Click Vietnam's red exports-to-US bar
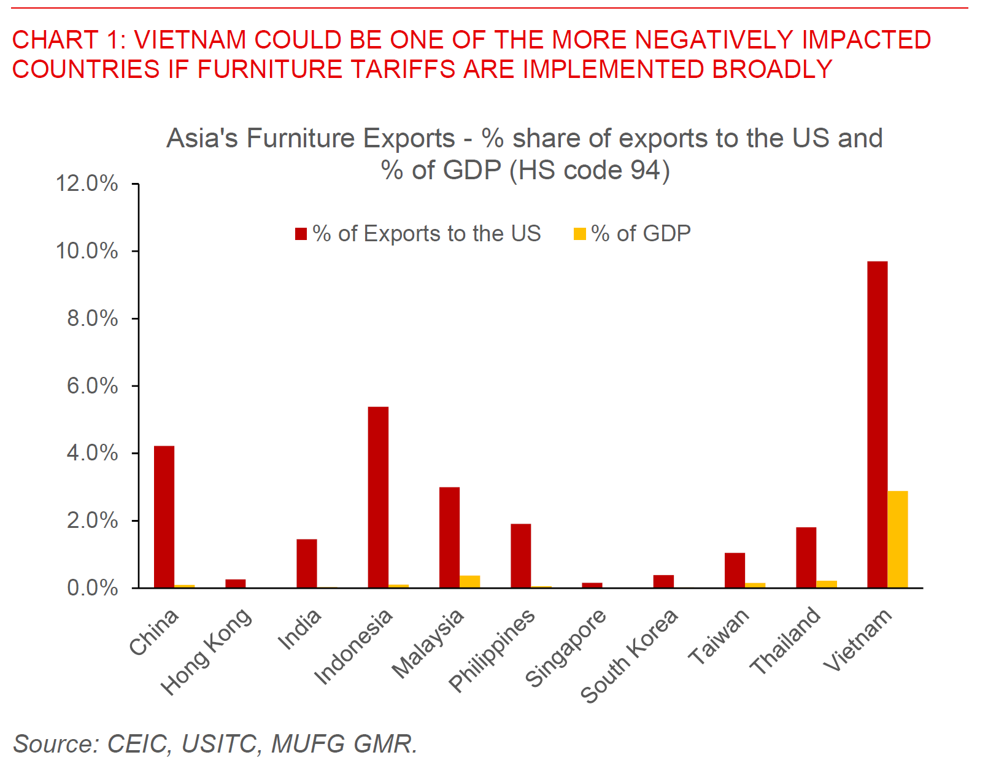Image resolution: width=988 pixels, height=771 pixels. [877, 424]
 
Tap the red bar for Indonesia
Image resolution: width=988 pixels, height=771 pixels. [378, 497]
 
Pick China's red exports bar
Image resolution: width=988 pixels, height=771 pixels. [164, 517]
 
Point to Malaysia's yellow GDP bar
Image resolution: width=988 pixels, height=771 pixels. [470, 581]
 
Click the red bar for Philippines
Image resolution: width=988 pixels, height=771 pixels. [520, 556]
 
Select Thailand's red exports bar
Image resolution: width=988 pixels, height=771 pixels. [806, 557]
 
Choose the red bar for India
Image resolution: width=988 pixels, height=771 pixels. [307, 564]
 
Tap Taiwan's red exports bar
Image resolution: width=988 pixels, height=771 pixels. [735, 570]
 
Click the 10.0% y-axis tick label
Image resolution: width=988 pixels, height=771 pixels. [87, 250]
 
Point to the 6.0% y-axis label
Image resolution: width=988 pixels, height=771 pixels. [92, 385]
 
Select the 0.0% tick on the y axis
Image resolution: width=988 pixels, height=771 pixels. [92, 587]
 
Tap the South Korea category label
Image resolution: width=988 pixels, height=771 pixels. [629, 655]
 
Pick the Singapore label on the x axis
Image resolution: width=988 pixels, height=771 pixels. [565, 647]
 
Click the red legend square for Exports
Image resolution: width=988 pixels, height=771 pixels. [301, 234]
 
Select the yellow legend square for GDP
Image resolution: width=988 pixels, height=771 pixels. [579, 234]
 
